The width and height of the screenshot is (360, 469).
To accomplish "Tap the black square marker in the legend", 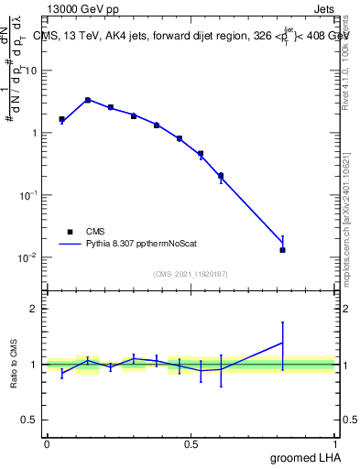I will coord(70,232).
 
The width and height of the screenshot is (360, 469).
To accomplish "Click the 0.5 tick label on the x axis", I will coord(191,444).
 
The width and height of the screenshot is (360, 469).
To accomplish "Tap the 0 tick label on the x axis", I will coord(47,444).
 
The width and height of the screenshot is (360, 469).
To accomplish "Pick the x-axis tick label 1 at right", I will coord(335,444).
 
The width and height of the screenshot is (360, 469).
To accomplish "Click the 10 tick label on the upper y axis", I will coord(30,71).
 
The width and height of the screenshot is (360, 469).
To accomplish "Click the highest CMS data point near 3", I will coord(87,100).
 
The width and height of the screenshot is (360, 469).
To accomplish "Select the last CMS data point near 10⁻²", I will coord(283,250).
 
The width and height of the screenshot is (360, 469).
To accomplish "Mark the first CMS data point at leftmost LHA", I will coord(61,119).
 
